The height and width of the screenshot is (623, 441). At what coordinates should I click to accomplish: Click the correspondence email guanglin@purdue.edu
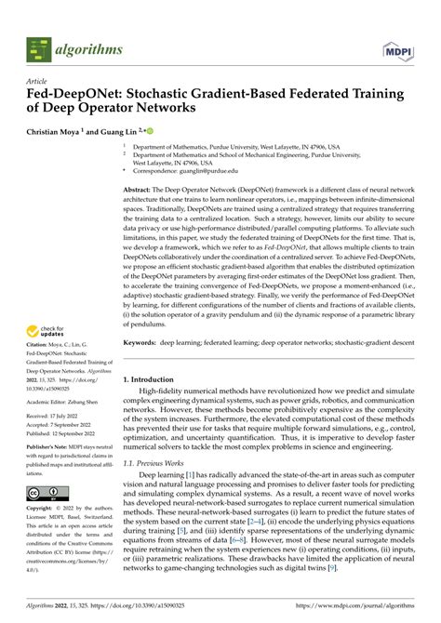pos(210,172)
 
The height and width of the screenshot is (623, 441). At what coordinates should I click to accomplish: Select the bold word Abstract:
pos(140,189)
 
